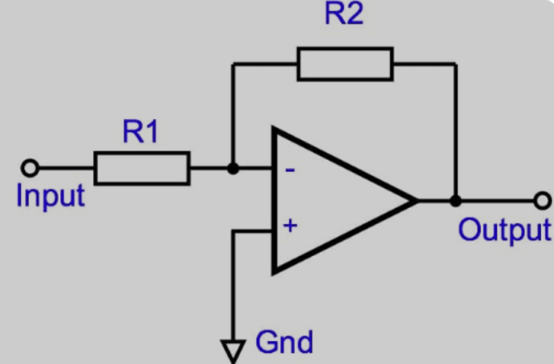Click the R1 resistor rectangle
[x=142, y=168]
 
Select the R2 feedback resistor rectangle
[x=345, y=64]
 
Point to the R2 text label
[x=344, y=15]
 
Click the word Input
[x=50, y=196]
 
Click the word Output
[x=504, y=229]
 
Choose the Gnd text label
[x=283, y=342]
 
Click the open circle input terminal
[x=30, y=168]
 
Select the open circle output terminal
[x=542, y=201]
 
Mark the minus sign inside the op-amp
[x=290, y=169]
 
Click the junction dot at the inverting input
[x=233, y=168]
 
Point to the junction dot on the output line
[x=455, y=201]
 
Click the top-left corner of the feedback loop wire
[x=233, y=64]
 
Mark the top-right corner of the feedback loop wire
[x=455, y=64]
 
